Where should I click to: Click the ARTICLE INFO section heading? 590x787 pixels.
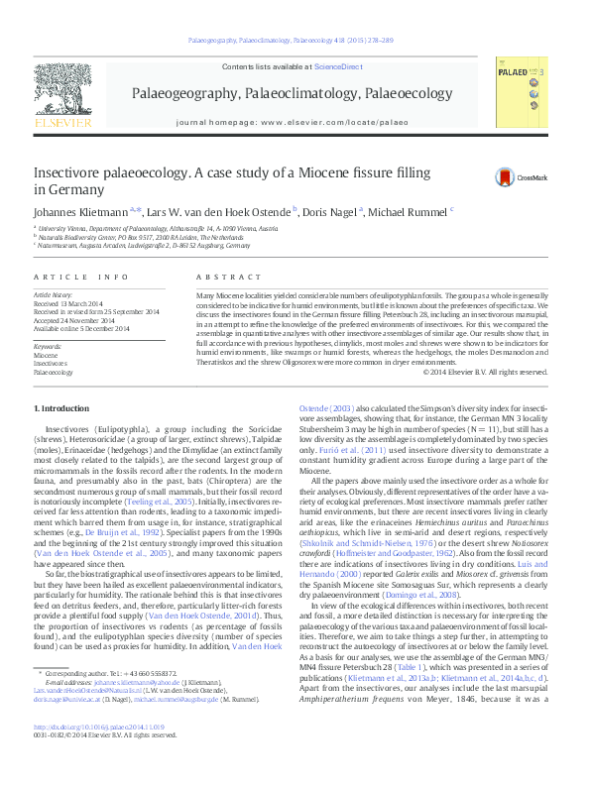[80, 277]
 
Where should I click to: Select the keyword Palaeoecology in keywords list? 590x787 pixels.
[54, 373]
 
